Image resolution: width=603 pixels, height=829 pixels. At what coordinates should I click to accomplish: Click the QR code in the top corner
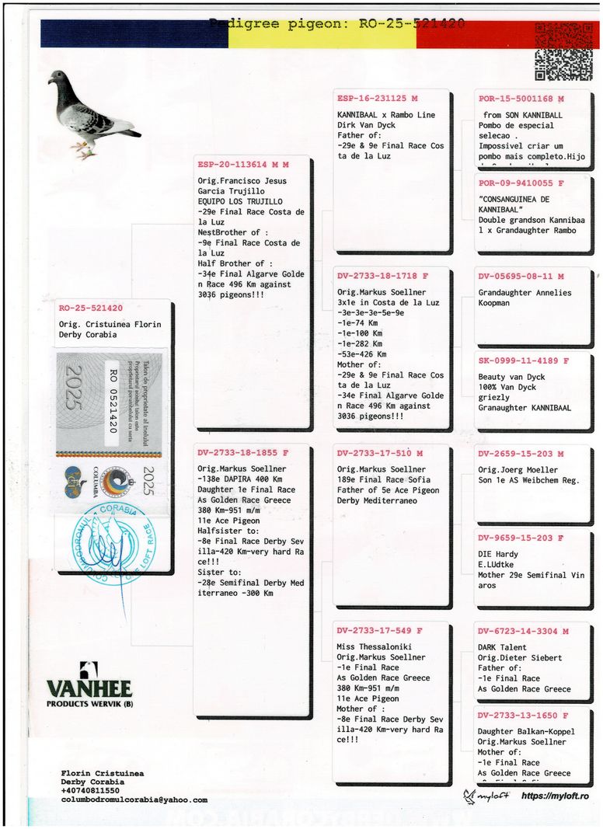563,51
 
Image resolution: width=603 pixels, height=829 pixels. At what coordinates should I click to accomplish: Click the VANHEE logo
89,684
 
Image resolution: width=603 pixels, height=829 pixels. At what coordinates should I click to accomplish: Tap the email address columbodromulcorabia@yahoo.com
134,799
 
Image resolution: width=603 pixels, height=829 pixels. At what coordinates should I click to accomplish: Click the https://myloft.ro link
554,796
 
